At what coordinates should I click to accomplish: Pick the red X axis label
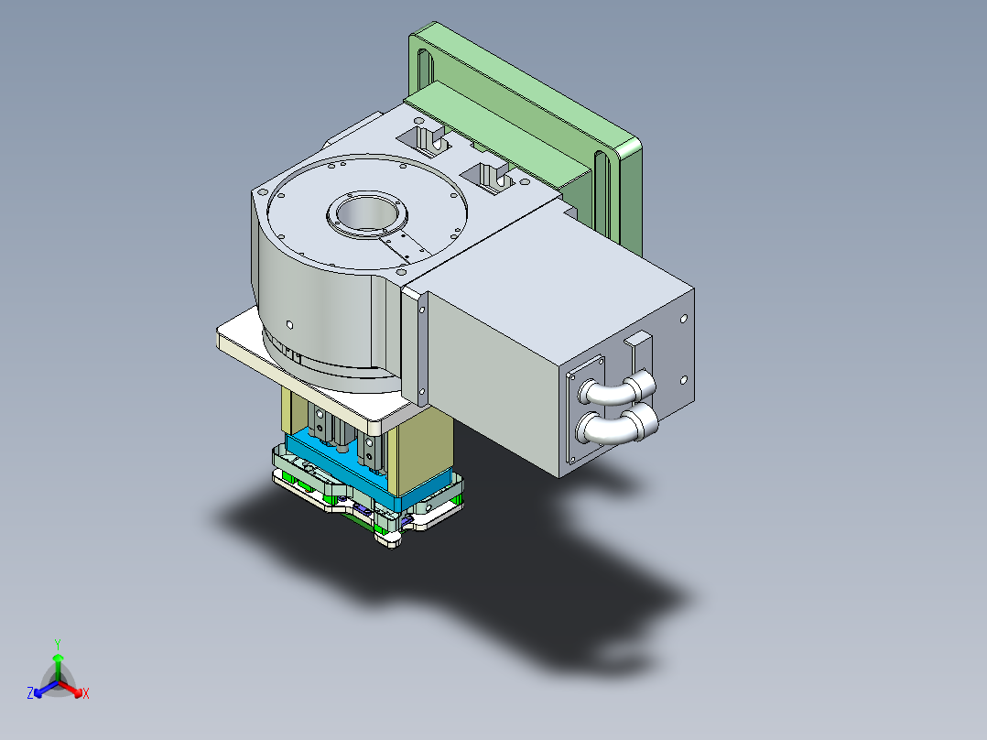(x=86, y=694)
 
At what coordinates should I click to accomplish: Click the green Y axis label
(x=57, y=644)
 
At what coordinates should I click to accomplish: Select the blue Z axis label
(x=30, y=694)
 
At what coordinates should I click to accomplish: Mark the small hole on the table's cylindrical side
(x=289, y=323)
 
